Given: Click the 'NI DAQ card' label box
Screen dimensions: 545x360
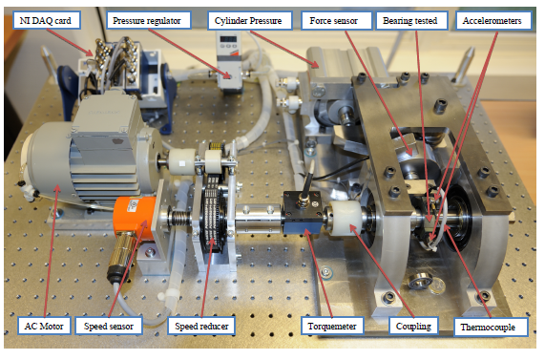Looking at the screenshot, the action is click(x=47, y=20).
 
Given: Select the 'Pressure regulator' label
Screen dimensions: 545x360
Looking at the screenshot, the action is click(x=148, y=20).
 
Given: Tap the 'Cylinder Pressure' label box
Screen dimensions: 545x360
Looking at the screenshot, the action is click(x=249, y=20).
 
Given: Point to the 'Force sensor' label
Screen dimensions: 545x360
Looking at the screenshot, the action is click(x=335, y=20).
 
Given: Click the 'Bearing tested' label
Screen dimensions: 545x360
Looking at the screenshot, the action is click(x=411, y=20).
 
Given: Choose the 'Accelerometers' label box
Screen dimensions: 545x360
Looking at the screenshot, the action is click(x=493, y=20).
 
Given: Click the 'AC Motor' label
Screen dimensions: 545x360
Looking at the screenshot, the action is click(x=44, y=326).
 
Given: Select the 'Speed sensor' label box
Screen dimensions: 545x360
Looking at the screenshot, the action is click(x=109, y=326).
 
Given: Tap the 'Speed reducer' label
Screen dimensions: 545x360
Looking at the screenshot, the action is click(x=201, y=326).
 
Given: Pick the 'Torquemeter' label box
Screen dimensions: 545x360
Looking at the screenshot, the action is click(x=332, y=326).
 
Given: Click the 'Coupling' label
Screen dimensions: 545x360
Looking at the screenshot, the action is click(x=413, y=326).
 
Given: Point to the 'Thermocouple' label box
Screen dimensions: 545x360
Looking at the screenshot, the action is click(x=491, y=327).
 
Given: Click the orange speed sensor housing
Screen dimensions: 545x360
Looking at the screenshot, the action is click(x=135, y=218).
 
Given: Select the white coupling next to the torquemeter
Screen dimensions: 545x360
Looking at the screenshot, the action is click(x=346, y=219).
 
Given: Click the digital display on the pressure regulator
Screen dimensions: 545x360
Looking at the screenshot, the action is click(x=228, y=38).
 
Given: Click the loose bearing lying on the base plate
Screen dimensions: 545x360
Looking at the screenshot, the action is click(x=421, y=281).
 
